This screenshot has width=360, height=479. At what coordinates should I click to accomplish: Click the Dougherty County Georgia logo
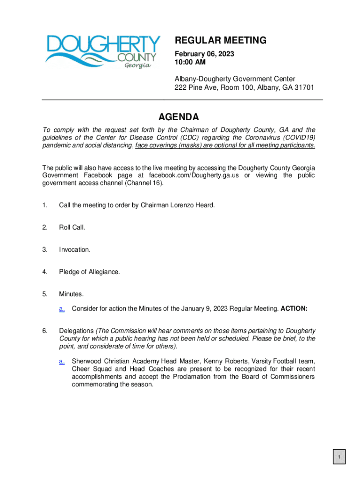[x=102, y=51]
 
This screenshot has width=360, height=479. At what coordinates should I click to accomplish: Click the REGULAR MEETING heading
[x=221, y=41]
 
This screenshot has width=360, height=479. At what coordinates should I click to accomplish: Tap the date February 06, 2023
[x=204, y=54]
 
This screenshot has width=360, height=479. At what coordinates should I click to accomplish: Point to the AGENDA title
[x=178, y=117]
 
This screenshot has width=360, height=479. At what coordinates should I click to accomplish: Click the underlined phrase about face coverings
[x=225, y=145]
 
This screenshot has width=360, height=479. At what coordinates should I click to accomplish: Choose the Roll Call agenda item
[x=72, y=227]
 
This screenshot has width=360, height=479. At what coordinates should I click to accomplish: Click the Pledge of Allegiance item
[x=89, y=272]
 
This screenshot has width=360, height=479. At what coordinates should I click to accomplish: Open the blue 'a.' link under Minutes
[x=62, y=308]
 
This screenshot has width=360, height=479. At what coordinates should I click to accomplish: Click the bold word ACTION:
[x=294, y=308]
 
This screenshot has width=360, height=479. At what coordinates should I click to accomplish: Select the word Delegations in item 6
[x=76, y=331]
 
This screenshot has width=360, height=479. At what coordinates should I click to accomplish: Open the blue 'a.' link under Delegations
[x=62, y=361]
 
